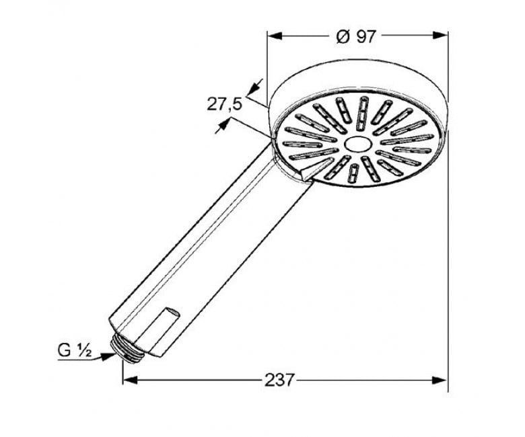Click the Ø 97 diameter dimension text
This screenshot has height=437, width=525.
(357, 36)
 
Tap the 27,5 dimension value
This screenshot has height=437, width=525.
(224, 104)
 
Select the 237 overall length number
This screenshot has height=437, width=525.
(279, 380)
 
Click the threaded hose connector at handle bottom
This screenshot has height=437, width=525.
(129, 350)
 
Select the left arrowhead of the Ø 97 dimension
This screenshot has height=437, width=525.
(275, 36)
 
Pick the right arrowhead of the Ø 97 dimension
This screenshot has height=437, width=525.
(440, 36)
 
